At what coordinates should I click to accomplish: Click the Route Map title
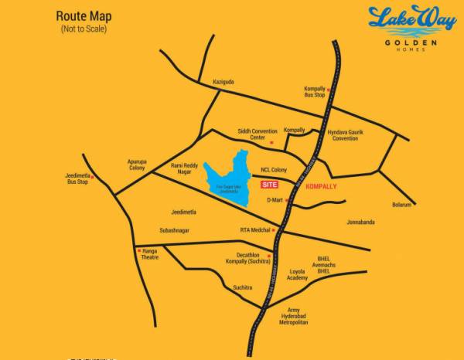pos(84,15)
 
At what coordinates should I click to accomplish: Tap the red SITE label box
pos(269,185)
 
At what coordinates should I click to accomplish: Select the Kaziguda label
pos(223,81)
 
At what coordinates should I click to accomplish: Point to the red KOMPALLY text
pos(321,186)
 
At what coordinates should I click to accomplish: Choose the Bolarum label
pos(402,205)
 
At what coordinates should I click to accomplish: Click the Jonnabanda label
pos(361,222)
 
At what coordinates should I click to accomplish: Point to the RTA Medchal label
pos(256,229)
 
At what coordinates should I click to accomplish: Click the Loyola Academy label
pos(298,275)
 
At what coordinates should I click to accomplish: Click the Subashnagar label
pos(175,229)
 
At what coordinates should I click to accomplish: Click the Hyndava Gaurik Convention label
pos(346,135)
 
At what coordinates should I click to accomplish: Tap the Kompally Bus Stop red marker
pos(328,90)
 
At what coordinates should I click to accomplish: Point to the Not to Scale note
pos(84,29)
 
